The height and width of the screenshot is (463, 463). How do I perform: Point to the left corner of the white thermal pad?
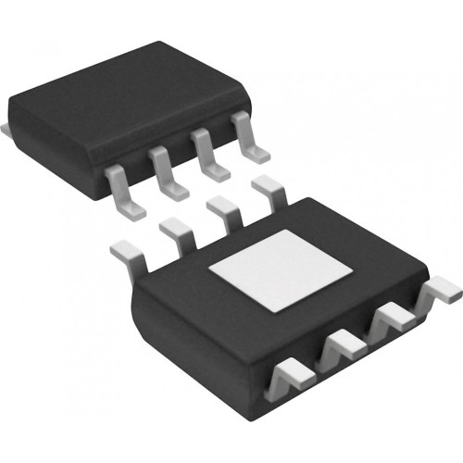tap(210, 269)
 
